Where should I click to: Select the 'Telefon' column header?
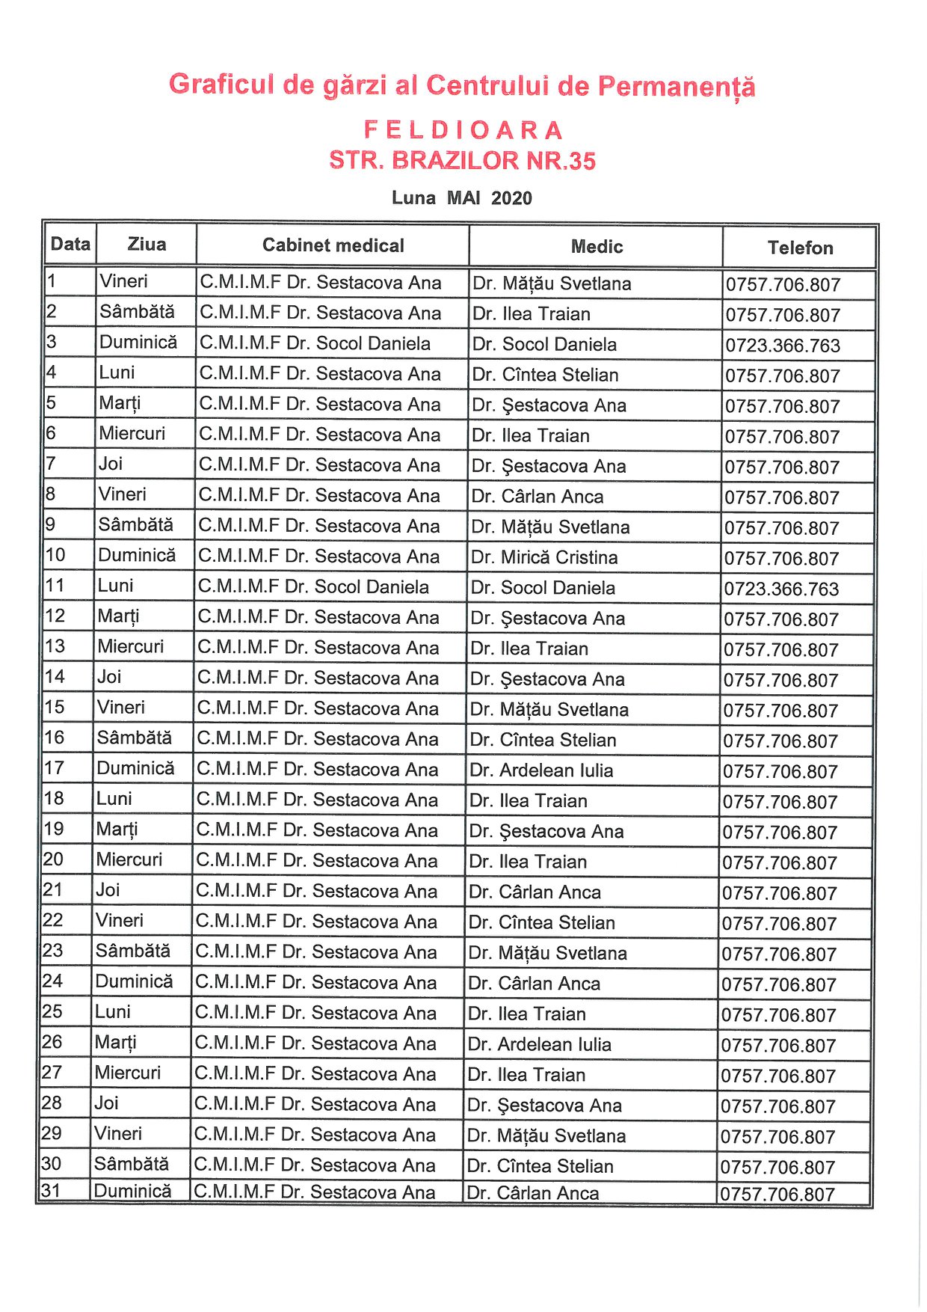point(800,248)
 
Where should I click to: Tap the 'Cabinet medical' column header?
point(333,245)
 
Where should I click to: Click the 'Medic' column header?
point(597,247)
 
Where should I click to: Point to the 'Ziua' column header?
point(147,245)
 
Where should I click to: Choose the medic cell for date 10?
point(544,557)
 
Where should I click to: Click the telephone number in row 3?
point(783,346)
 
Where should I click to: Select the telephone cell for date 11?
point(781,589)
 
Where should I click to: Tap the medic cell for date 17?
point(541,770)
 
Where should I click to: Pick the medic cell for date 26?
point(540,1044)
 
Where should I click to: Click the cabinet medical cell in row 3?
point(315,343)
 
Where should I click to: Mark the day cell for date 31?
point(133,1191)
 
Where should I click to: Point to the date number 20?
point(54,859)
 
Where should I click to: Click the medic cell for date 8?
point(538,497)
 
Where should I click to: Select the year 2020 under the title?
point(511,198)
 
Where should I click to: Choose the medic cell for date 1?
point(552,284)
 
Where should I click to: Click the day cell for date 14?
point(109,677)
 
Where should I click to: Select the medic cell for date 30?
point(540,1166)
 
